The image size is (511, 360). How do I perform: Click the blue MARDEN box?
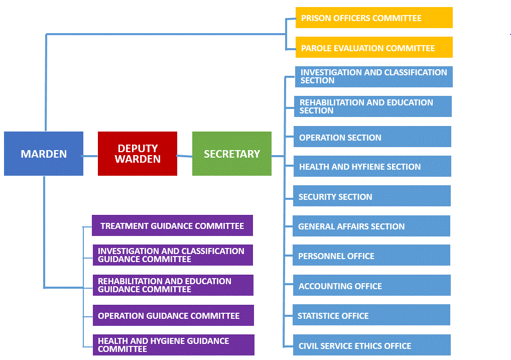44,154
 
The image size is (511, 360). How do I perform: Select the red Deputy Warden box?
138,154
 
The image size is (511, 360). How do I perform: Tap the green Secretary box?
232,154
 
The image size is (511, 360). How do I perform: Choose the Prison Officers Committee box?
374,18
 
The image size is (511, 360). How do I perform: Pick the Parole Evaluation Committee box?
374,47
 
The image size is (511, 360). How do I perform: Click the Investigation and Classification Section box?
374,77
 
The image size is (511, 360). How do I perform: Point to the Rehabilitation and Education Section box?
373,106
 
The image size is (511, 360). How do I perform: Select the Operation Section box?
372,137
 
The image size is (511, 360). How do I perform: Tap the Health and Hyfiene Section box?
372,166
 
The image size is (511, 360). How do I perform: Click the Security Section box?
372,196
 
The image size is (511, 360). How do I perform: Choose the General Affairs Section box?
371,226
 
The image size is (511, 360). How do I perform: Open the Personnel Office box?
371,256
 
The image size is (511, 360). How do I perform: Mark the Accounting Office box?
372,285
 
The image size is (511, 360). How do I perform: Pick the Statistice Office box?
371,315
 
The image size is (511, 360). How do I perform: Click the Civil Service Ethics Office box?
372,345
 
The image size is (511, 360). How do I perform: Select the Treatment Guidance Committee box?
172,225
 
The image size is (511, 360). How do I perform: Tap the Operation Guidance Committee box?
173,315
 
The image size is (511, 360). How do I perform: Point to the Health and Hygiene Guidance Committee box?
174,345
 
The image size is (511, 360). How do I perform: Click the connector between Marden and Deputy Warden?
90,156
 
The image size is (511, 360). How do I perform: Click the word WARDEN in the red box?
138,159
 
